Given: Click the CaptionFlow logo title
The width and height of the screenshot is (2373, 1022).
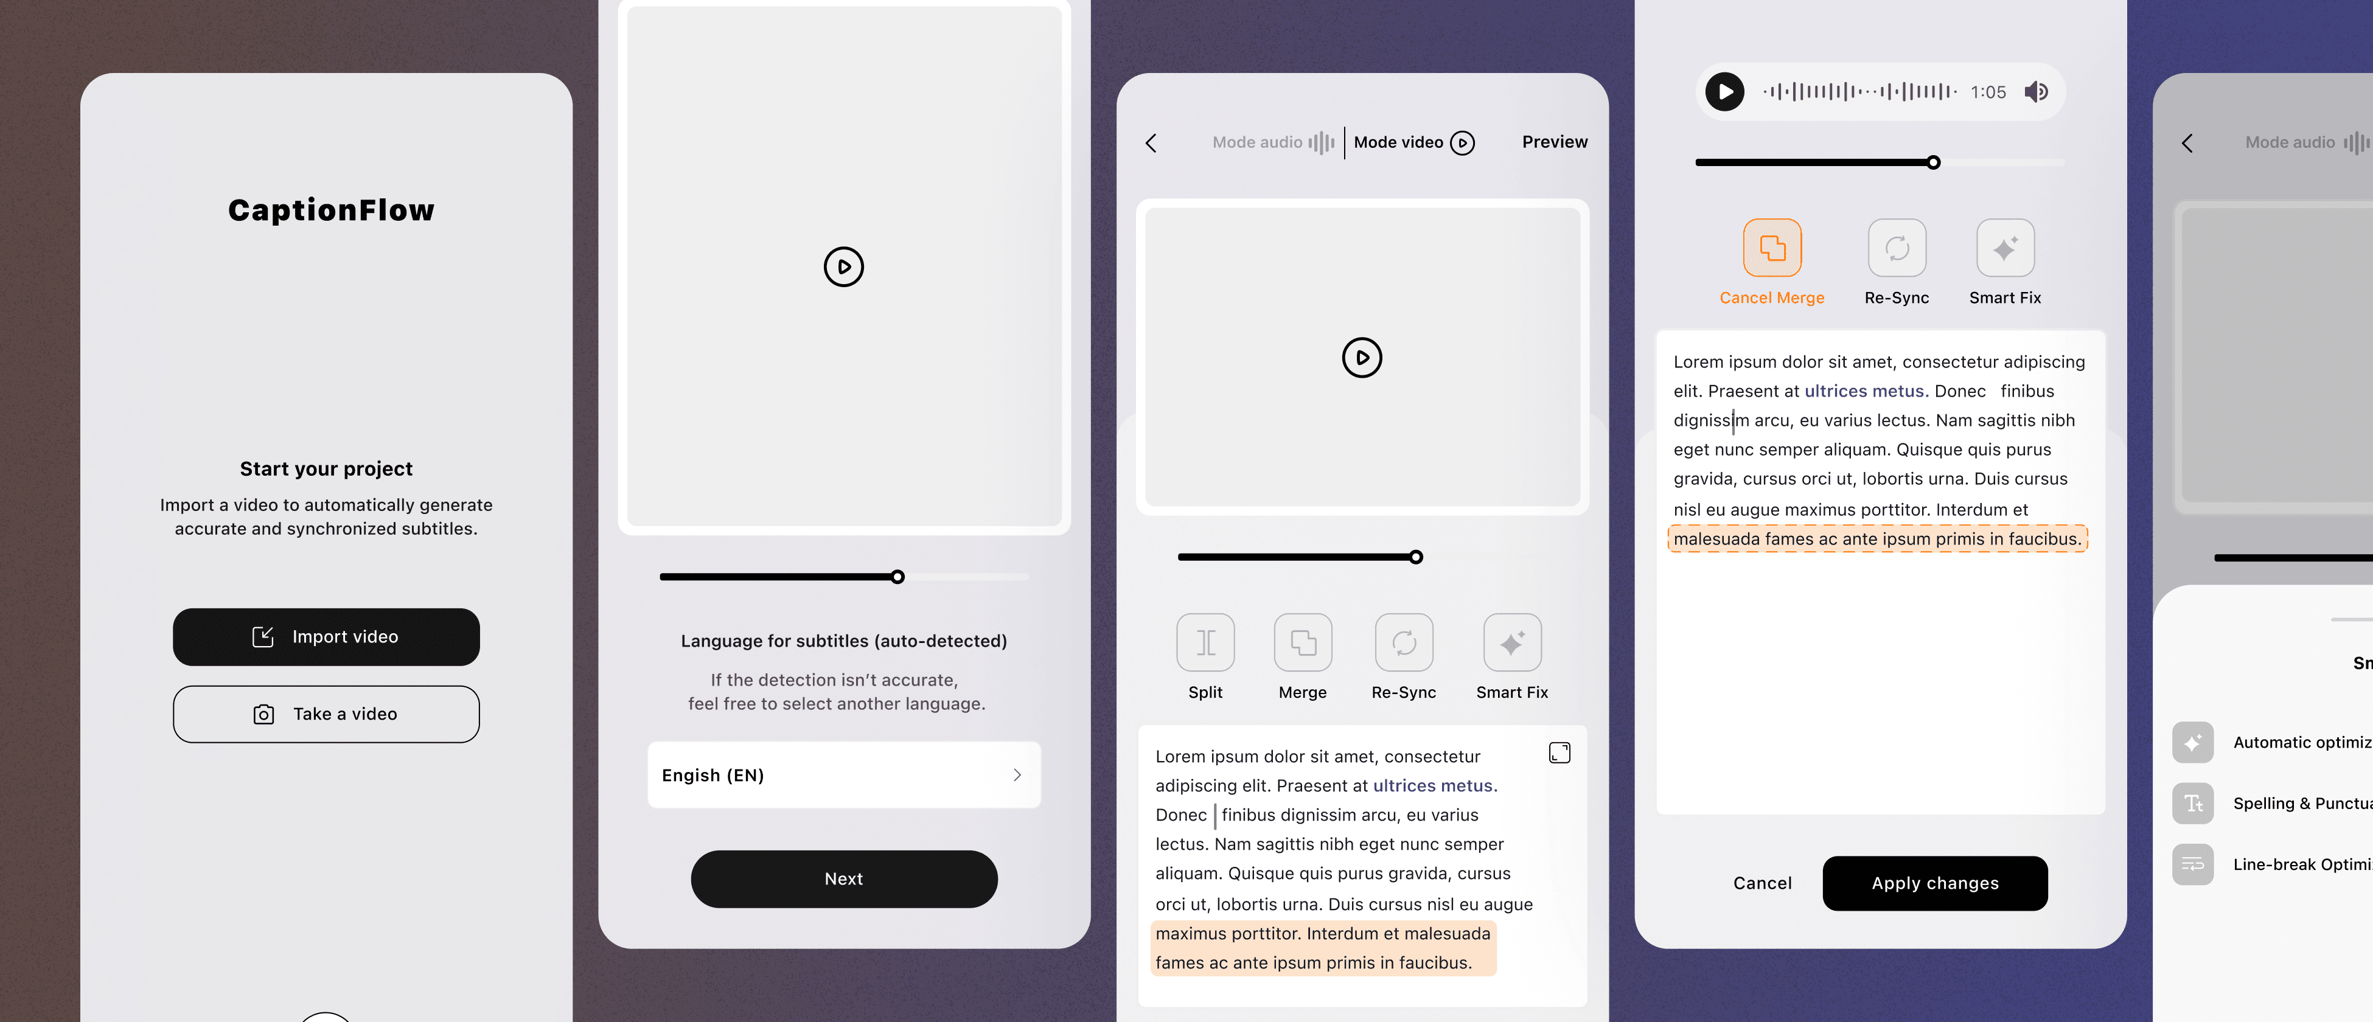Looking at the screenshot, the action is click(331, 210).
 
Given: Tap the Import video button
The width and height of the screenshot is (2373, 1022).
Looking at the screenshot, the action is click(326, 637).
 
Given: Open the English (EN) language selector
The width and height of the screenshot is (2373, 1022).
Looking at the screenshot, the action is click(844, 775).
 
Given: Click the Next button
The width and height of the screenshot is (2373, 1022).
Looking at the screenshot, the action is click(844, 879).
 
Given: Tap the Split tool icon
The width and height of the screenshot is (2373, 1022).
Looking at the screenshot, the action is click(1205, 642).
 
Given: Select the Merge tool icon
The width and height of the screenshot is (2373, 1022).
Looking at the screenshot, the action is click(1303, 642).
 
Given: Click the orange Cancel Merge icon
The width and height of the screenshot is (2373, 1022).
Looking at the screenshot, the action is click(1771, 248).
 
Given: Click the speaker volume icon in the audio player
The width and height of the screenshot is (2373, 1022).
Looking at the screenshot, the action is click(2036, 92).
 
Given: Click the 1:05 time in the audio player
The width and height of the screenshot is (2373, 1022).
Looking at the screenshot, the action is click(1988, 92).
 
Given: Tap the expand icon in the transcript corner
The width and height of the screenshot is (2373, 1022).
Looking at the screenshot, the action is click(1559, 753).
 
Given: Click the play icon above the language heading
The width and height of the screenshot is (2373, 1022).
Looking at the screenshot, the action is click(844, 267).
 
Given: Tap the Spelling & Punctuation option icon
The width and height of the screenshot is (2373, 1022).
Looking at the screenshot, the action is click(2192, 804).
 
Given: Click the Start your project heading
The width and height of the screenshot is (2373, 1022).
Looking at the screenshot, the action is click(326, 468).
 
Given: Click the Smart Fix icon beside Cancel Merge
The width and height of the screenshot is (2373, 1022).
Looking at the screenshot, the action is click(2004, 248).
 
